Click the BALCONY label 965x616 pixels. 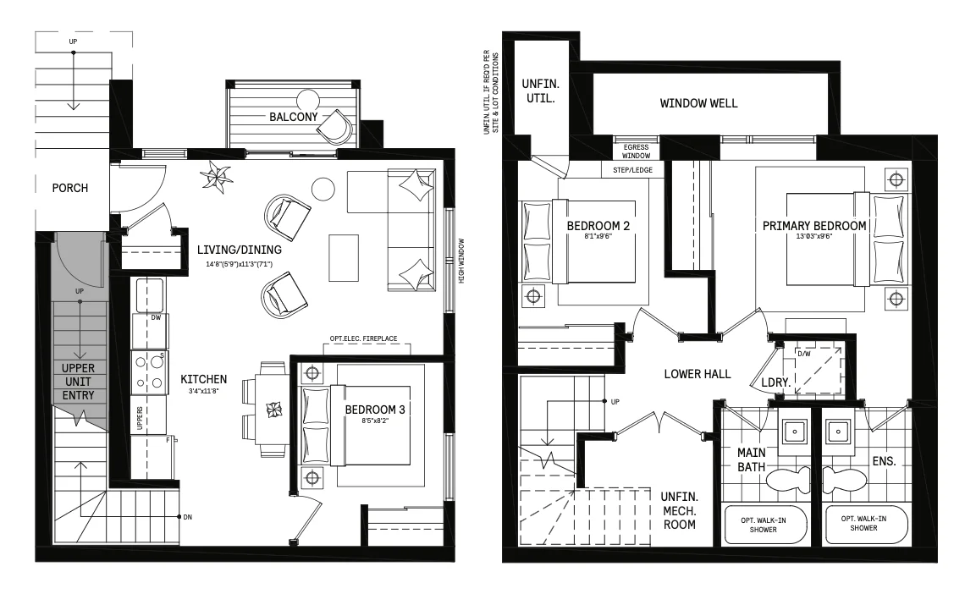pyautogui.click(x=294, y=117)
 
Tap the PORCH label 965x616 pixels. pyautogui.click(x=70, y=189)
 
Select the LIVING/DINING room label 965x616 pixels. pyautogui.click(x=240, y=250)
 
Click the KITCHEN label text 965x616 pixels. pyautogui.click(x=204, y=379)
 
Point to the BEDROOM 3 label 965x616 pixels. pyautogui.click(x=375, y=410)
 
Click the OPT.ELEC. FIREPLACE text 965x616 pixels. pyautogui.click(x=364, y=339)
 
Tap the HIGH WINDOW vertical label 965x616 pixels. pyautogui.click(x=461, y=261)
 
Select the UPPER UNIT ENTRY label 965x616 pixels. pyautogui.click(x=78, y=382)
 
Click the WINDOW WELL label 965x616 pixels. pyautogui.click(x=698, y=103)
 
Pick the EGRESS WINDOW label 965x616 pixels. pyautogui.click(x=637, y=151)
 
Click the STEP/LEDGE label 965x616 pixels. pyautogui.click(x=632, y=170)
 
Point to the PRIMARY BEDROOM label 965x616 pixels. pyautogui.click(x=814, y=226)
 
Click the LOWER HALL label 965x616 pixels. pyautogui.click(x=698, y=374)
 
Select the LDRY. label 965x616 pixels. pyautogui.click(x=775, y=382)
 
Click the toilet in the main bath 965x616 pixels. pyautogui.click(x=788, y=480)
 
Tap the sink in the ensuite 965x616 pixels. pyautogui.click(x=838, y=432)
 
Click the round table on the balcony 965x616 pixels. pyautogui.click(x=308, y=100)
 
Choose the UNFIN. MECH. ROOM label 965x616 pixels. pyautogui.click(x=680, y=511)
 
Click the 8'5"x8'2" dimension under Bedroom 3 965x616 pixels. pyautogui.click(x=375, y=421)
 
